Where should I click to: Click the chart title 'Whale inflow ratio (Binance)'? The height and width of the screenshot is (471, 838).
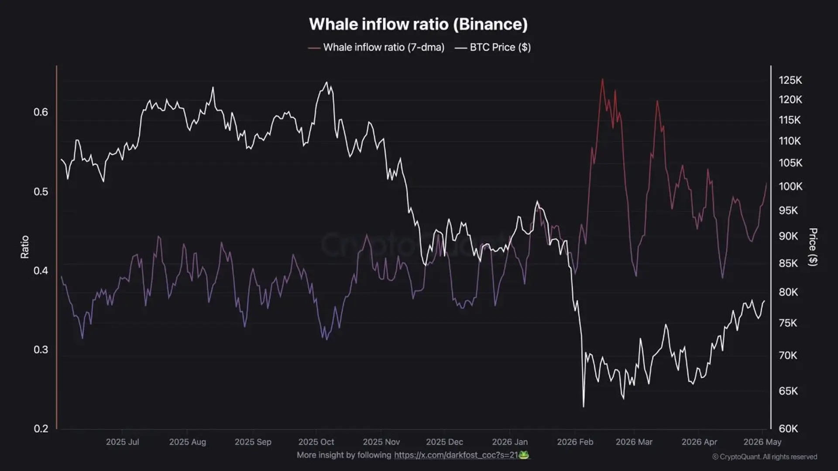pyautogui.click(x=418, y=24)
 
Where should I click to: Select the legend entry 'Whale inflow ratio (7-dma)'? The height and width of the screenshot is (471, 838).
pyautogui.click(x=376, y=48)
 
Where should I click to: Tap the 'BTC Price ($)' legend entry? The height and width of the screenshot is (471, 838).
pyautogui.click(x=493, y=48)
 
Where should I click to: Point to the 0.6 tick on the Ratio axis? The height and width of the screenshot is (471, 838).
pyautogui.click(x=41, y=112)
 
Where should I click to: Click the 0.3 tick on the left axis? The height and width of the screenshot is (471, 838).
pyautogui.click(x=41, y=350)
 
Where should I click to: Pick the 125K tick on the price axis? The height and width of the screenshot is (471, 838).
pyautogui.click(x=790, y=80)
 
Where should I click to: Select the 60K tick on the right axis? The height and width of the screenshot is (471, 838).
pyautogui.click(x=788, y=429)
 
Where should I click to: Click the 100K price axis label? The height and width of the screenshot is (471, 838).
pyautogui.click(x=790, y=187)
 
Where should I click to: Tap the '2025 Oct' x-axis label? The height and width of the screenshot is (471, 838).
pyautogui.click(x=316, y=442)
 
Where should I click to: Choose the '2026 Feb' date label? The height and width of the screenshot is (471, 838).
pyautogui.click(x=575, y=442)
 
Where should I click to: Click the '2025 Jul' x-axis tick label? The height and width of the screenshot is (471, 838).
pyautogui.click(x=122, y=442)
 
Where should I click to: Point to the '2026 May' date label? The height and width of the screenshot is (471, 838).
pyautogui.click(x=762, y=442)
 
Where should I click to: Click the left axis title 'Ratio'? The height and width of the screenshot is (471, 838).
pyautogui.click(x=25, y=247)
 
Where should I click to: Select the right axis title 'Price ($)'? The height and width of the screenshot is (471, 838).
pyautogui.click(x=813, y=247)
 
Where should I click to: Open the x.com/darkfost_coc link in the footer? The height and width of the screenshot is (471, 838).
pyautogui.click(x=456, y=455)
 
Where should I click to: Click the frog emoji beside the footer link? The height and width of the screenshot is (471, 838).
pyautogui.click(x=524, y=455)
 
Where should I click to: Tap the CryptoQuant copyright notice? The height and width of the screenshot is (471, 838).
pyautogui.click(x=765, y=457)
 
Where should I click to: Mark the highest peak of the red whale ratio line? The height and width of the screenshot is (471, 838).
pyautogui.click(x=602, y=79)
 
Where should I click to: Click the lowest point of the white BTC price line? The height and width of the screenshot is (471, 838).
pyautogui.click(x=584, y=407)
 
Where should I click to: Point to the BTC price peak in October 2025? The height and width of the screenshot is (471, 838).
pyautogui.click(x=326, y=82)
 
